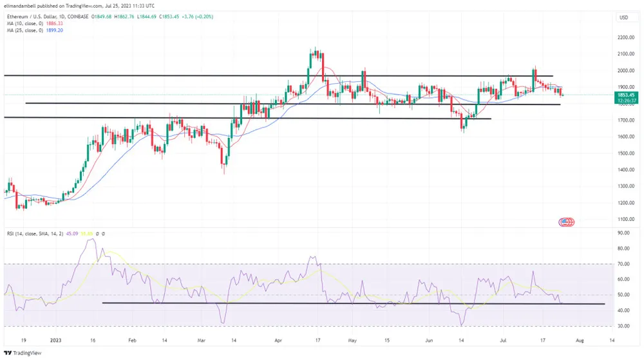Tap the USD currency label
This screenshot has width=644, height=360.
pos(623,17)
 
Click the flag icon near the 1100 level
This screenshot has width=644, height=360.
pos(565,222)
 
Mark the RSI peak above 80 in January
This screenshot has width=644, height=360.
pos(92,240)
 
